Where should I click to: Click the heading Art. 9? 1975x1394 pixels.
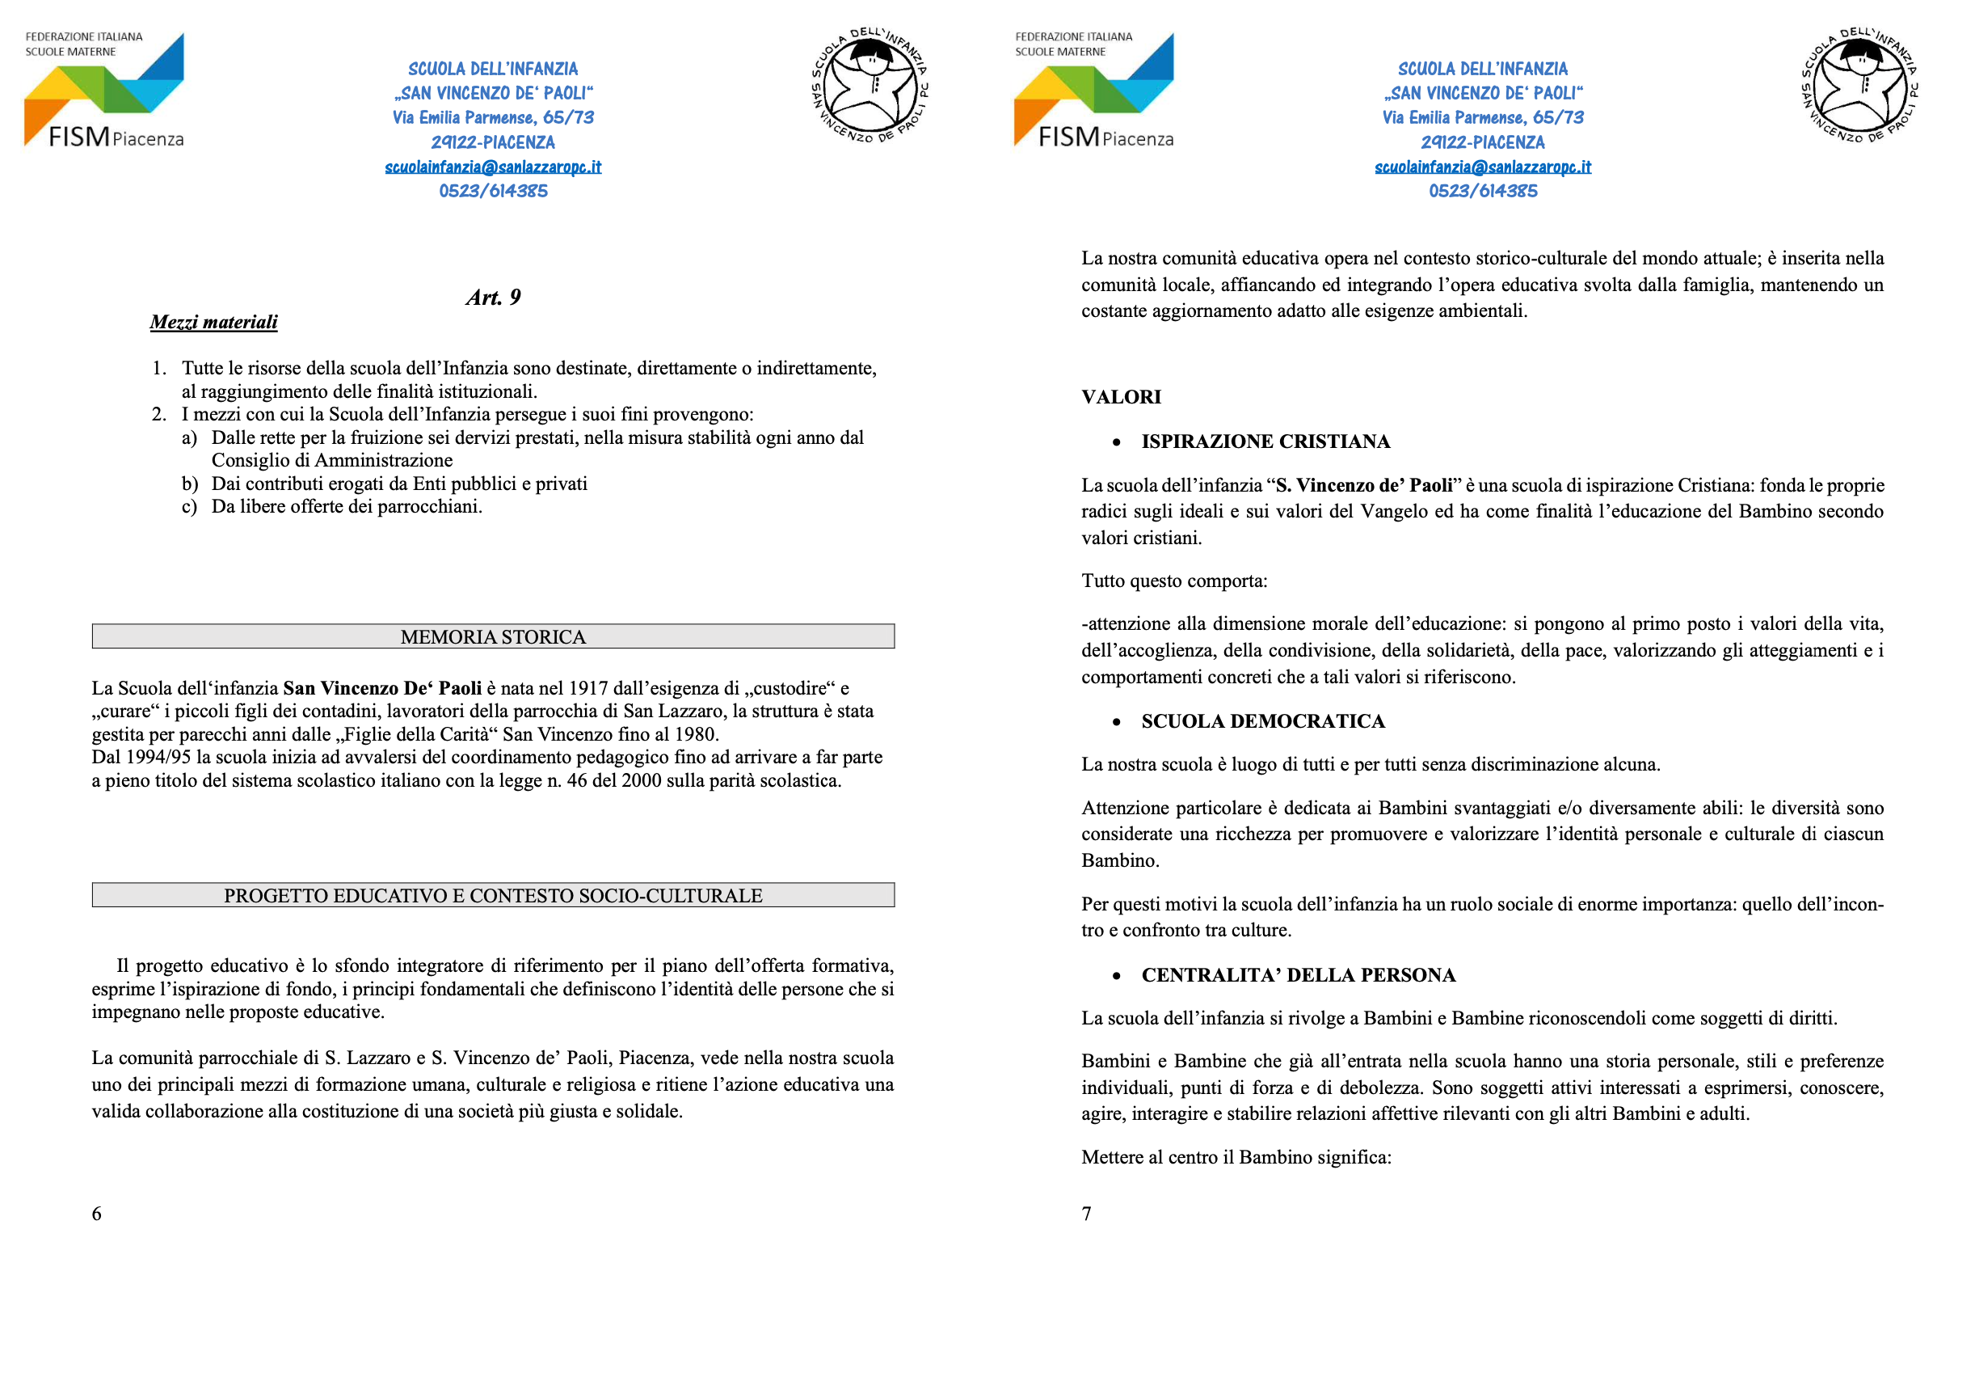pos(493,298)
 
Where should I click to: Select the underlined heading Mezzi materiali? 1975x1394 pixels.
pos(213,323)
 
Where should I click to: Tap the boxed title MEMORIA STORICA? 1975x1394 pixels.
pos(493,637)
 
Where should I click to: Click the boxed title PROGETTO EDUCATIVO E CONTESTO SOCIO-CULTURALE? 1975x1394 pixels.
pos(493,896)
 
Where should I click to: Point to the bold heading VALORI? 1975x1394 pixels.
pos(1121,398)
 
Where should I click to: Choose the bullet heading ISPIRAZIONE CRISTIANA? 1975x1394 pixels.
pos(1265,442)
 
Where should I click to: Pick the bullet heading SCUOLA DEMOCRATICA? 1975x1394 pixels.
pos(1263,722)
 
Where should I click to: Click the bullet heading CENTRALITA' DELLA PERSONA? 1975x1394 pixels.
pos(1298,976)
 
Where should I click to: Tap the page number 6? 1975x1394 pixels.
pos(97,1214)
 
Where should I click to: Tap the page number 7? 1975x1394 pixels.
pos(1086,1214)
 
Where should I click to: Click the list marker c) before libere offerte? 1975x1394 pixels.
pos(189,508)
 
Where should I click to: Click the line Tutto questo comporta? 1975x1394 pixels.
pos(1174,581)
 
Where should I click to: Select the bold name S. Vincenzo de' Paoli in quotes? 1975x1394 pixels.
pos(1363,486)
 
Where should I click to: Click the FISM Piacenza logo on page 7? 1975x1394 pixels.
pos(1093,91)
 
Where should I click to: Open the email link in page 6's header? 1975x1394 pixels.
pos(493,167)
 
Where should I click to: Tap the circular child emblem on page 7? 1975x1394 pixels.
pos(1859,86)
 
